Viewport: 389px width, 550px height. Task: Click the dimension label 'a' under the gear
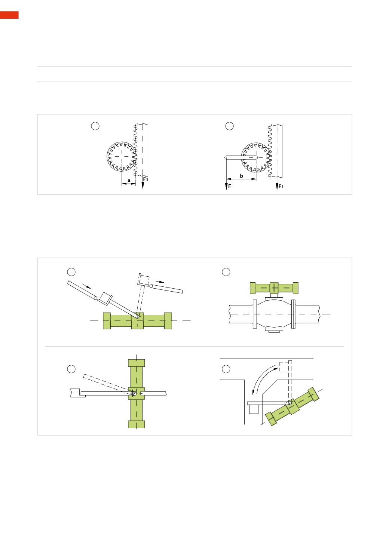pyautogui.click(x=129, y=181)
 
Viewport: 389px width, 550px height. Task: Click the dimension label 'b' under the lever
pyautogui.click(x=241, y=176)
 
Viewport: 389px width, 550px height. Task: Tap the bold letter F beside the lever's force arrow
pyautogui.click(x=230, y=186)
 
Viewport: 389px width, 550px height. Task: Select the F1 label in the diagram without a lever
pyautogui.click(x=146, y=179)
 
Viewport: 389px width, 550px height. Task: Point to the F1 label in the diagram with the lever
pyautogui.click(x=281, y=187)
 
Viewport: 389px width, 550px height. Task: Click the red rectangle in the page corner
pyautogui.click(x=9, y=15)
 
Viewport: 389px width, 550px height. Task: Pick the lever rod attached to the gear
pyautogui.click(x=241, y=157)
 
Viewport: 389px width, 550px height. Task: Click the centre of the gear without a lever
pyautogui.click(x=122, y=156)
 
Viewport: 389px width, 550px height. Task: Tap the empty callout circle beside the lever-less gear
pyautogui.click(x=95, y=126)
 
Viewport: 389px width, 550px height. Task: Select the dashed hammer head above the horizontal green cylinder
pyautogui.click(x=143, y=280)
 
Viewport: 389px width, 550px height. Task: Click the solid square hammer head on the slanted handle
pyautogui.click(x=105, y=299)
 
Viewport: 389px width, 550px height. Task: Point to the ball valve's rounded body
pyautogui.click(x=274, y=314)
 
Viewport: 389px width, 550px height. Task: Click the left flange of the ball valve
pyautogui.click(x=255, y=314)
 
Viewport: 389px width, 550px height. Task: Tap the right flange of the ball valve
pyautogui.click(x=293, y=314)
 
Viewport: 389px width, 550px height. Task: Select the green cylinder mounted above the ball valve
pyautogui.click(x=274, y=288)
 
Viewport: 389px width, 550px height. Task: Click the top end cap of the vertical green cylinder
pyautogui.click(x=136, y=363)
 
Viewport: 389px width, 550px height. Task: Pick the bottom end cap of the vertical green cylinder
pyautogui.click(x=136, y=424)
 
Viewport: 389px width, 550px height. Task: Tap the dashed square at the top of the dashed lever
pyautogui.click(x=284, y=366)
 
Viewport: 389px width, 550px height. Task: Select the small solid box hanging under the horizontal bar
pyautogui.click(x=254, y=409)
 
